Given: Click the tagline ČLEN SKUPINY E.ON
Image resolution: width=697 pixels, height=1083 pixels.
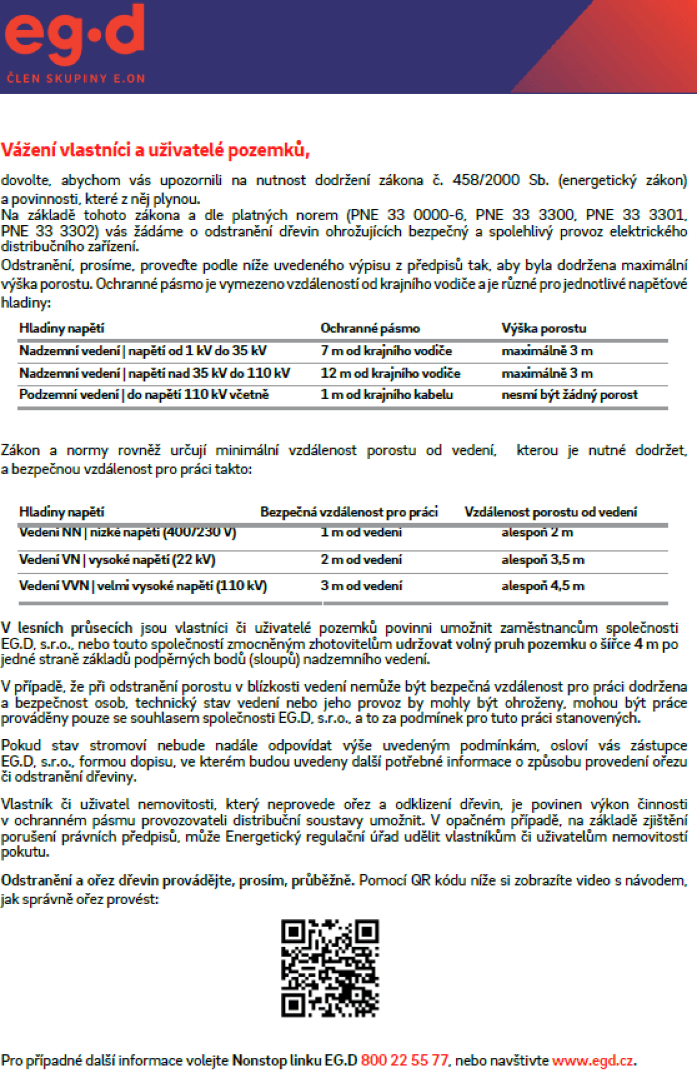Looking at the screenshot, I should pos(76,78).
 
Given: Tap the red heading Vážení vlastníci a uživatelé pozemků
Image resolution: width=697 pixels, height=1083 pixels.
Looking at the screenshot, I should pos(155,150).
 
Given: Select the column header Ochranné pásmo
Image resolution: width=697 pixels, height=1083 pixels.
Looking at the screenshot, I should pos(370,328).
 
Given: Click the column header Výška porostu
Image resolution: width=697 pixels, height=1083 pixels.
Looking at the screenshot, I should pos(543,328).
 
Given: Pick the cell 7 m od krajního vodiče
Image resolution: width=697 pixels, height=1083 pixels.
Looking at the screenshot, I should pos(386,351).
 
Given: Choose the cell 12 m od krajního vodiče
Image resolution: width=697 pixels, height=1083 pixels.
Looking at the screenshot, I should pos(390,373).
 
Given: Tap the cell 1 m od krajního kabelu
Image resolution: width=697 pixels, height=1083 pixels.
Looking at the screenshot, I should pos(387,395).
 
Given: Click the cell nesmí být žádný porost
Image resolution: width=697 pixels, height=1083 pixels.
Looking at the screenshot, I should pos(569,395).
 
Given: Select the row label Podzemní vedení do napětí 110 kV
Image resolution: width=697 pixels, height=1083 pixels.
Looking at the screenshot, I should pos(144,395).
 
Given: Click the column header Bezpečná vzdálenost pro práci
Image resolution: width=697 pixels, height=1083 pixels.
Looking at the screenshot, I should pos(348,512).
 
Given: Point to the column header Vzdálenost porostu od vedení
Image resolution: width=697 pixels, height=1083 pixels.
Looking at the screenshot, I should pos(550,512).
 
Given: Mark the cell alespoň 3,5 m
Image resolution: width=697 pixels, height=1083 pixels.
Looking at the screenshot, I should pos(542,560).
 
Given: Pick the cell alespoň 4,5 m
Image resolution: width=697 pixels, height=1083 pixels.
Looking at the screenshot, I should pos(542,586).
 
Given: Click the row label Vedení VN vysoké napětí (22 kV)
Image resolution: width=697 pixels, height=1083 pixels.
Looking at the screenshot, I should pos(117,560).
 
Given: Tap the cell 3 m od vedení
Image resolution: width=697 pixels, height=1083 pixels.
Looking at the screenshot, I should pos(361,586).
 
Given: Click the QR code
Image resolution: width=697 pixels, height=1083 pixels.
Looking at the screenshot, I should pos(330,968).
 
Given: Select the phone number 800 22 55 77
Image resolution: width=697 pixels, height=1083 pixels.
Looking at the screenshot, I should pos(404,1060).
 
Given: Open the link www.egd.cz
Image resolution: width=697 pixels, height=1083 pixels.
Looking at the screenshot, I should pos(593,1061).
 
